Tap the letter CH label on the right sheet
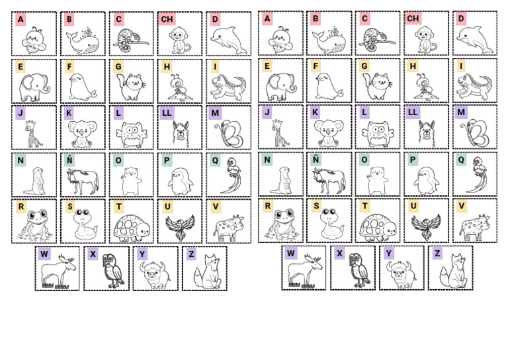(x=413, y=19)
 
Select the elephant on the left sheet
(x=34, y=86)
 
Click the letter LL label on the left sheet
(x=167, y=113)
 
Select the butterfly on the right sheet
(x=476, y=133)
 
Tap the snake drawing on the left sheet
(x=83, y=224)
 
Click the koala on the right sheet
(x=328, y=133)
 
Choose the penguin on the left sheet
(x=181, y=180)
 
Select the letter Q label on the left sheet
(x=215, y=160)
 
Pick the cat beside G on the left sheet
(x=132, y=86)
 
